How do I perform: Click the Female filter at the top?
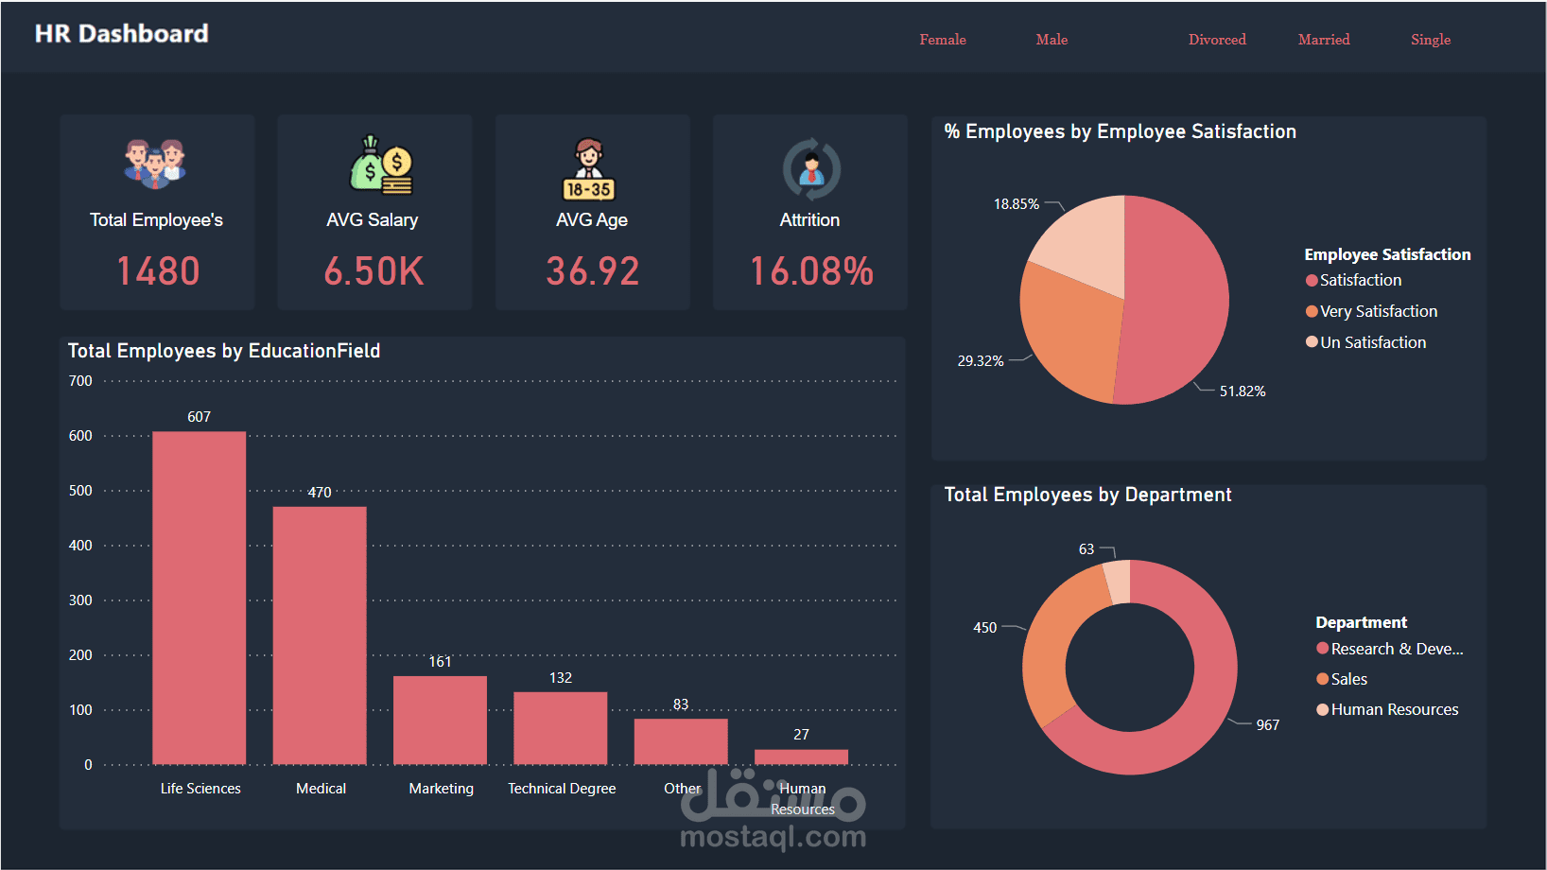point(942,40)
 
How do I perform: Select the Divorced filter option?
point(1216,40)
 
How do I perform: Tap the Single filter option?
point(1430,40)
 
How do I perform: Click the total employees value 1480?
point(158,271)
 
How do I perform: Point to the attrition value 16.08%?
point(811,271)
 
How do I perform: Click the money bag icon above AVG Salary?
point(381,165)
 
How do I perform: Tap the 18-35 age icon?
point(589,170)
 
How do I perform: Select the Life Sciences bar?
point(200,598)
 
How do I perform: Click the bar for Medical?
point(320,635)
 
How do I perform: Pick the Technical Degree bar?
point(561,728)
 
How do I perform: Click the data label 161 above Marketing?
point(440,662)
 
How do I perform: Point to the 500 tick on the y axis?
point(81,491)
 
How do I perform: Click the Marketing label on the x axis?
point(441,789)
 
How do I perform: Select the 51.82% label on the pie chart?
point(1242,391)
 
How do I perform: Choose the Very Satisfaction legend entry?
point(1378,311)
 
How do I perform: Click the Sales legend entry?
point(1348,679)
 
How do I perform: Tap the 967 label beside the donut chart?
point(1267,725)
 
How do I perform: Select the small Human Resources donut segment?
point(1118,581)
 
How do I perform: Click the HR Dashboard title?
point(121,34)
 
